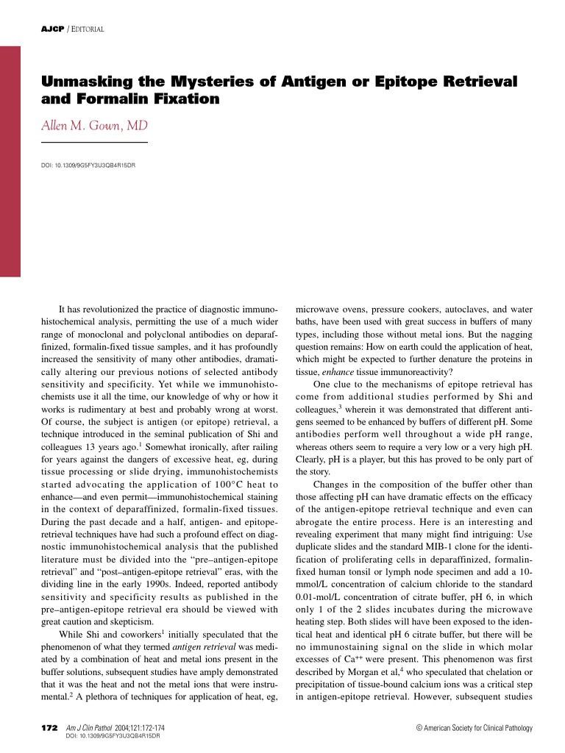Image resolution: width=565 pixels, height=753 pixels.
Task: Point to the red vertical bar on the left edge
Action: (x=10, y=161)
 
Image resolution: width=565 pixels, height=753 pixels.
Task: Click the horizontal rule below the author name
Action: (x=94, y=142)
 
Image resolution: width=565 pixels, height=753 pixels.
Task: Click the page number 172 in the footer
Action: (x=49, y=727)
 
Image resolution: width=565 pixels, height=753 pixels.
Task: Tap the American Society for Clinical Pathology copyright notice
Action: (x=474, y=728)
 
